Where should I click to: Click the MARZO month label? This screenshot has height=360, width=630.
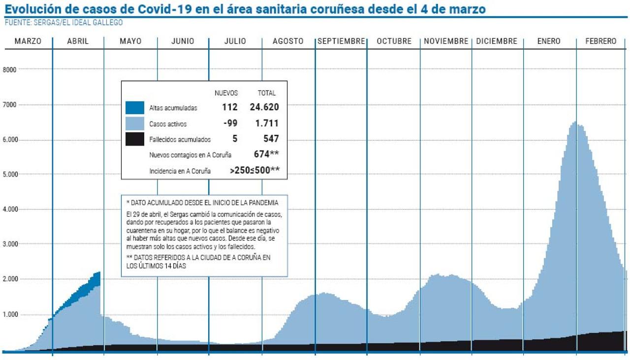pos(28,42)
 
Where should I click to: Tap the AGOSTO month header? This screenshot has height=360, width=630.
pos(288,42)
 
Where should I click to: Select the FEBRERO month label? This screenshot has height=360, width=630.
pos(600,42)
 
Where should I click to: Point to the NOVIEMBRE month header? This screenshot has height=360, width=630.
pos(446,42)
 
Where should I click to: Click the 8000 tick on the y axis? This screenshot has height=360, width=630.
pos(10,69)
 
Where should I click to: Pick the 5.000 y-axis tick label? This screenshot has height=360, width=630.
pos(10,175)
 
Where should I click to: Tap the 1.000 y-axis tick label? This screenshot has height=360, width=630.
pos(10,315)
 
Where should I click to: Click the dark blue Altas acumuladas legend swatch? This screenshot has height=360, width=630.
pos(134,108)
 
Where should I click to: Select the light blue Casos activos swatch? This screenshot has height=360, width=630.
pos(134,123)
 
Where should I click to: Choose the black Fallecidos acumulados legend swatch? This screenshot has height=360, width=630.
pos(134,139)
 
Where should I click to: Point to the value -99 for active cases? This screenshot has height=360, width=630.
pos(230,123)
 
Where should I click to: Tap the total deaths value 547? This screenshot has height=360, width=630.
pos(271,139)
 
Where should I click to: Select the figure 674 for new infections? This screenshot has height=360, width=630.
pos(261,154)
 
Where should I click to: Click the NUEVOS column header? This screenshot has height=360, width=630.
pos(226,93)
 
